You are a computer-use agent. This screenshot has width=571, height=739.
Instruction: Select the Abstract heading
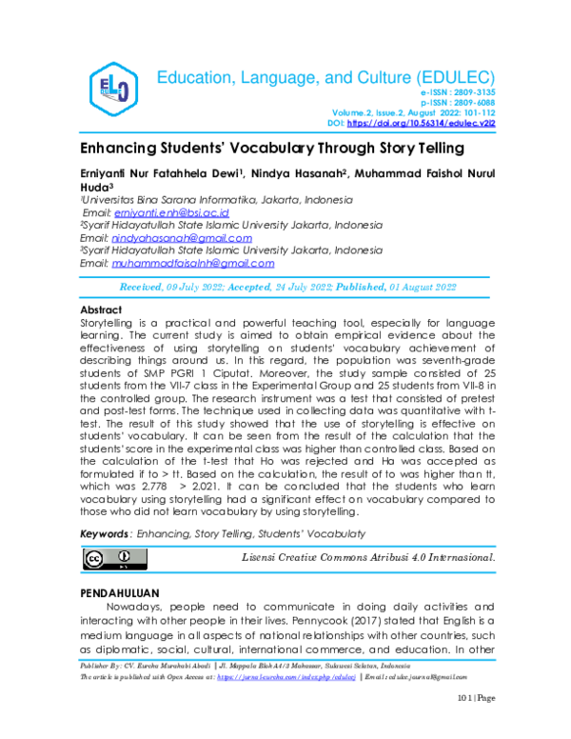click(x=100, y=310)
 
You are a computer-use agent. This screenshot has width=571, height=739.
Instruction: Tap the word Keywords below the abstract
click(x=104, y=536)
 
